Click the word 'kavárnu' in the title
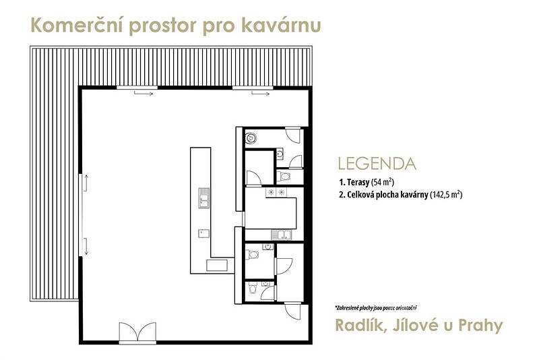click(281, 26)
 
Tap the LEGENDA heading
click(377, 164)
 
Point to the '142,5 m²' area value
click(446, 195)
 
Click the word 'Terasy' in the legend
click(358, 182)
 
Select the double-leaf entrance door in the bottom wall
click(137, 332)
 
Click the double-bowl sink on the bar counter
click(204, 198)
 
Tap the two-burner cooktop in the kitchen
click(276, 192)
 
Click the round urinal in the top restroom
click(251, 138)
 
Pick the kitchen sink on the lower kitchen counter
click(282, 235)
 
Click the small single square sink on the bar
click(203, 233)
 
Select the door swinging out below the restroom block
click(292, 311)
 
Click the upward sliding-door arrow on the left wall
click(87, 183)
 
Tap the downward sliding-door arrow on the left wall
click(86, 246)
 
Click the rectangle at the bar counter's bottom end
click(217, 266)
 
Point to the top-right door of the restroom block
click(293, 135)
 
